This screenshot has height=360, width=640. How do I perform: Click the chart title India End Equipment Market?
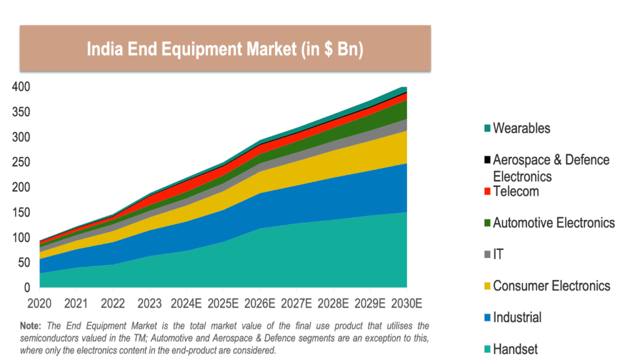click(x=224, y=49)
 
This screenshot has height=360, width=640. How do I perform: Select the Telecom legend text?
click(x=516, y=191)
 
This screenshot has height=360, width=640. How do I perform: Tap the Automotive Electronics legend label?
click(x=554, y=222)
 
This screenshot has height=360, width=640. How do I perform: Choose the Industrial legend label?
click(x=517, y=317)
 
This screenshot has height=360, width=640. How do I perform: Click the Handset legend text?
click(x=515, y=349)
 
